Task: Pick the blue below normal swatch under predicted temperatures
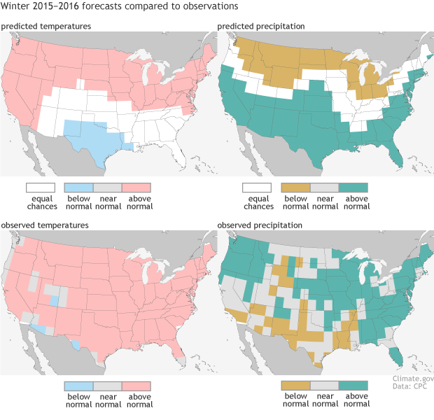(78, 188)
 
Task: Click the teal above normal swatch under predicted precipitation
(353, 188)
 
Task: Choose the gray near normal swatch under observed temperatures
(107, 386)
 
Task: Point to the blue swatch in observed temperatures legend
(78, 386)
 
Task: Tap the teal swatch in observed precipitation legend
(353, 386)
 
